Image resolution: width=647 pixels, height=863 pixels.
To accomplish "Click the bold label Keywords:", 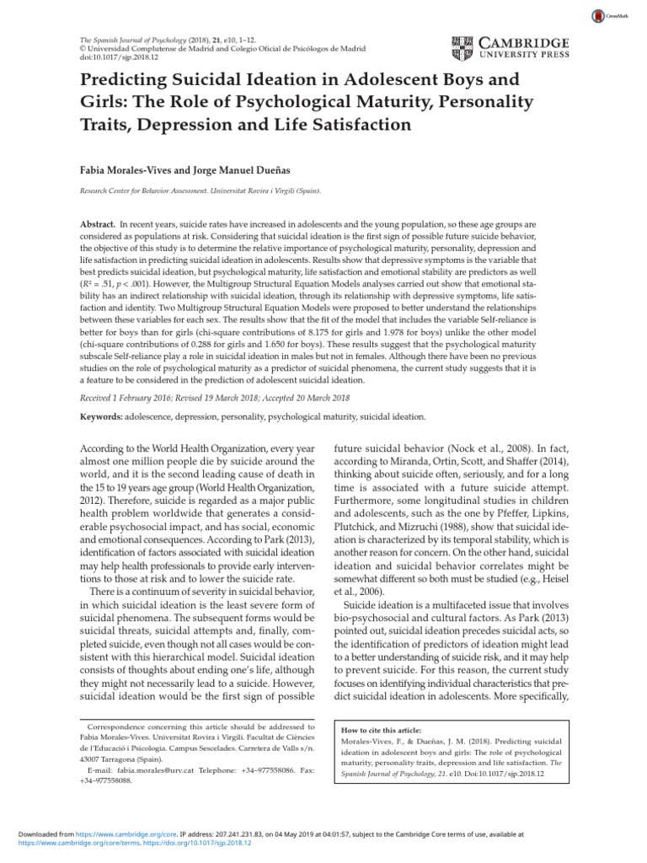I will click(106, 416).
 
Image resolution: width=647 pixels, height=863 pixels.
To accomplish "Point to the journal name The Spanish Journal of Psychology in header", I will click(135, 40).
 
